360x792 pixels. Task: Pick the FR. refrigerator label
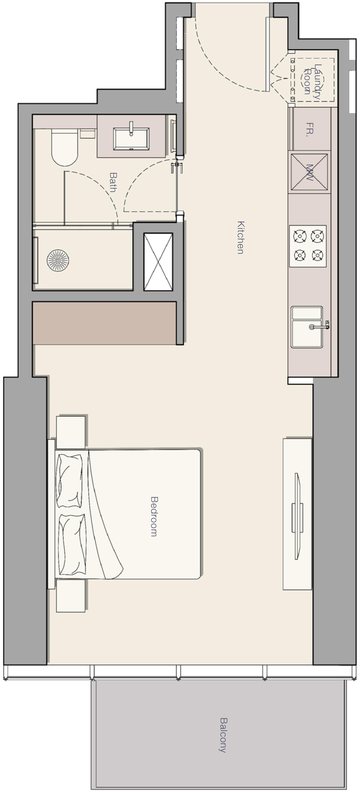pos(310,130)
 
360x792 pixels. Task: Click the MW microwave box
pos(309,172)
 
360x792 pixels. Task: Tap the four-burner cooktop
pos(308,246)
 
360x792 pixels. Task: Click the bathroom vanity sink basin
pos(131,139)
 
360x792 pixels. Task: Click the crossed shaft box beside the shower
pos(158,262)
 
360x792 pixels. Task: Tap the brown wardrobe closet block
pos(104,323)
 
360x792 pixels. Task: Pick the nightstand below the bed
pos(71,596)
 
